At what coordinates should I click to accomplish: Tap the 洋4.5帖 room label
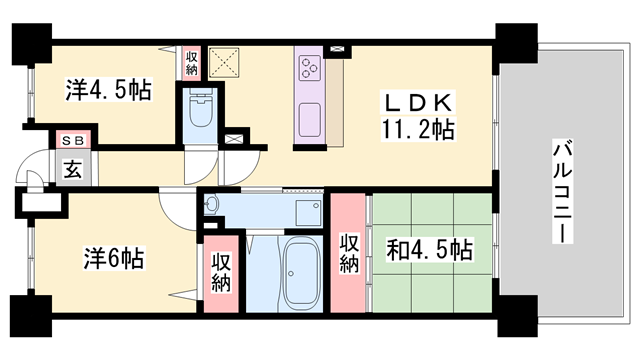coord(109,91)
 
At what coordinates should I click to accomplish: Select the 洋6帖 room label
coord(112,257)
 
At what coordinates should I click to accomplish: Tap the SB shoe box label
coord(73,141)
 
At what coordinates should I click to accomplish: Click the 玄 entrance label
coord(74,168)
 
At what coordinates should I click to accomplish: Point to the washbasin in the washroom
coord(211,207)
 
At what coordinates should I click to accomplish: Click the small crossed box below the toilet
coord(236,139)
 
